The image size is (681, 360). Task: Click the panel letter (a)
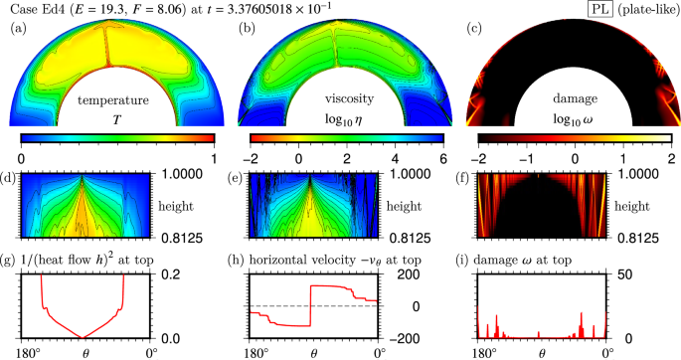click(17, 29)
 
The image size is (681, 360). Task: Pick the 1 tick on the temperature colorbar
click(215, 157)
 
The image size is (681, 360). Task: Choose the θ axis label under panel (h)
click(315, 353)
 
